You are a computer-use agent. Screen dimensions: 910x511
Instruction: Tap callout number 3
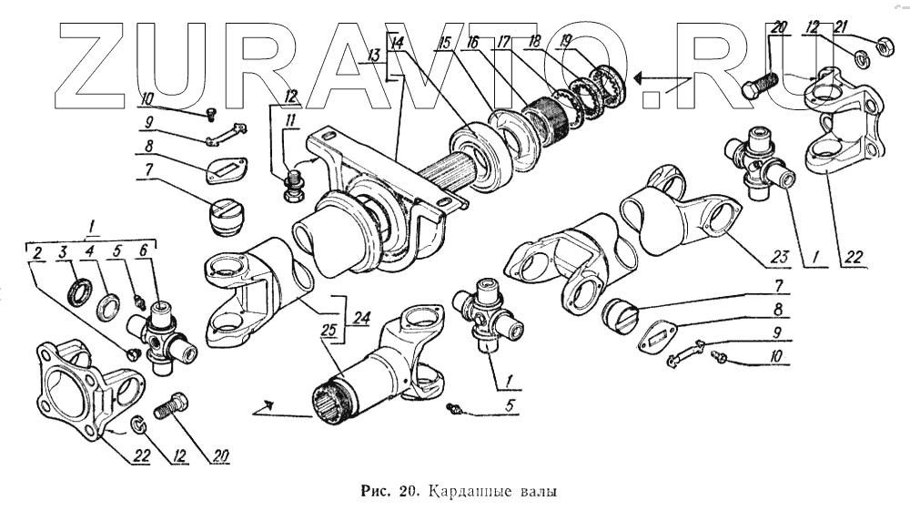pos(63,251)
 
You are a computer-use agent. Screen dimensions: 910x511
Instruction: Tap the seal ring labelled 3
pos(79,293)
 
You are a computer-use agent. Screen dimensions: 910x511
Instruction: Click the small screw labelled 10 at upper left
pos(211,113)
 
